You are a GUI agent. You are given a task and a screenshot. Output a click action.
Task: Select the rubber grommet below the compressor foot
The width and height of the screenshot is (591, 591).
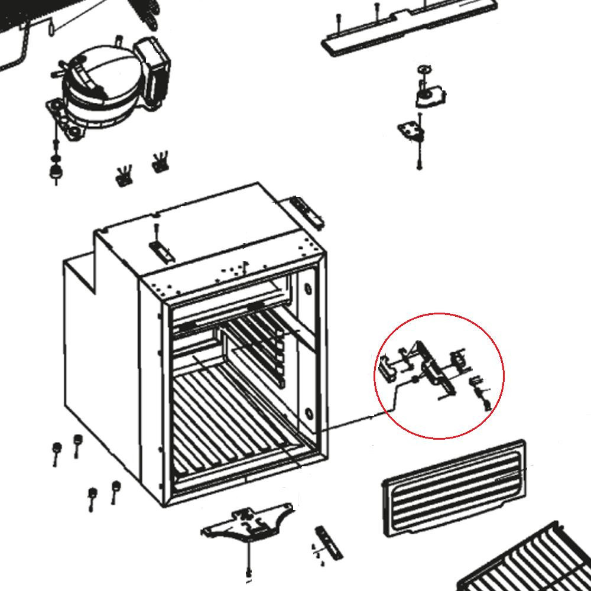click(x=55, y=171)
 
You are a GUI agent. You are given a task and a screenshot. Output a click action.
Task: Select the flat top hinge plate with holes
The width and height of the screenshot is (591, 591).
click(x=412, y=131)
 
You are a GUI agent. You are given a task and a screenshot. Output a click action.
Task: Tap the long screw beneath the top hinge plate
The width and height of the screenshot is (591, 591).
click(x=419, y=157)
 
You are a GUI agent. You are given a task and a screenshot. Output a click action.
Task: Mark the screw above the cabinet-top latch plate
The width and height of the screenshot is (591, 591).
click(x=156, y=229)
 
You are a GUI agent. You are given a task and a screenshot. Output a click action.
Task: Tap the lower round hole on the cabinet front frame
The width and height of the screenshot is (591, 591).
click(x=308, y=412)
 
